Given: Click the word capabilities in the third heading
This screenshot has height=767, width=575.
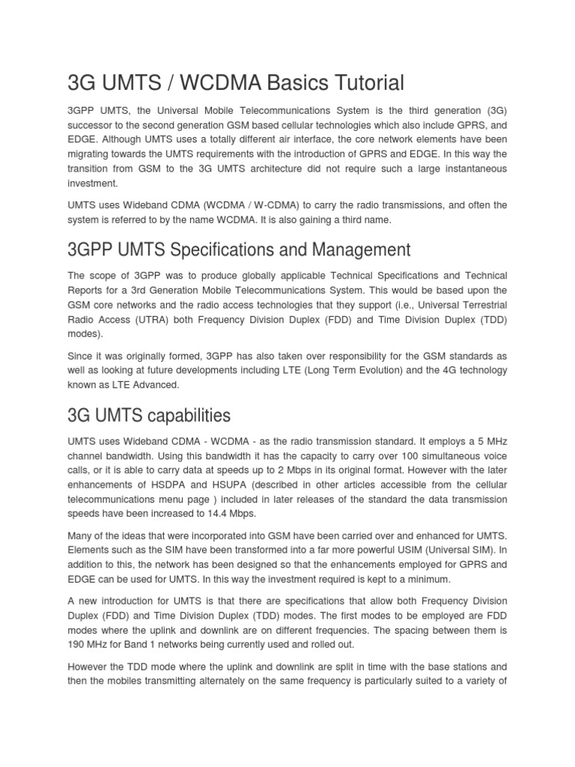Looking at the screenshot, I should point(179,415).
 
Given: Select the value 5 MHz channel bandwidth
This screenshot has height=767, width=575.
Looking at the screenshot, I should point(491,443).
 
